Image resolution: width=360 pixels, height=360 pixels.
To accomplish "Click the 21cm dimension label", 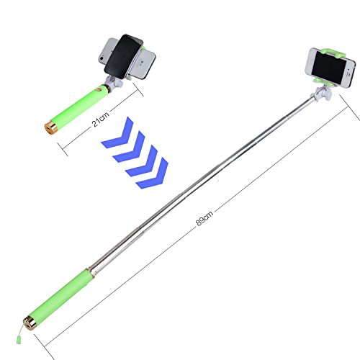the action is coord(101,119).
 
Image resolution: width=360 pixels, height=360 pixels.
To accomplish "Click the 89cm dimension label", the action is coord(204,218).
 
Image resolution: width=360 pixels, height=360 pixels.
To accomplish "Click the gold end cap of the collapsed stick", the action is coord(51,128).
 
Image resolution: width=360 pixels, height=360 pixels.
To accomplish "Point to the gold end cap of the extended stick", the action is coord(30,323).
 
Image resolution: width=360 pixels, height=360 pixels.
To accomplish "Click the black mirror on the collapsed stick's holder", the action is coord(124,57).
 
